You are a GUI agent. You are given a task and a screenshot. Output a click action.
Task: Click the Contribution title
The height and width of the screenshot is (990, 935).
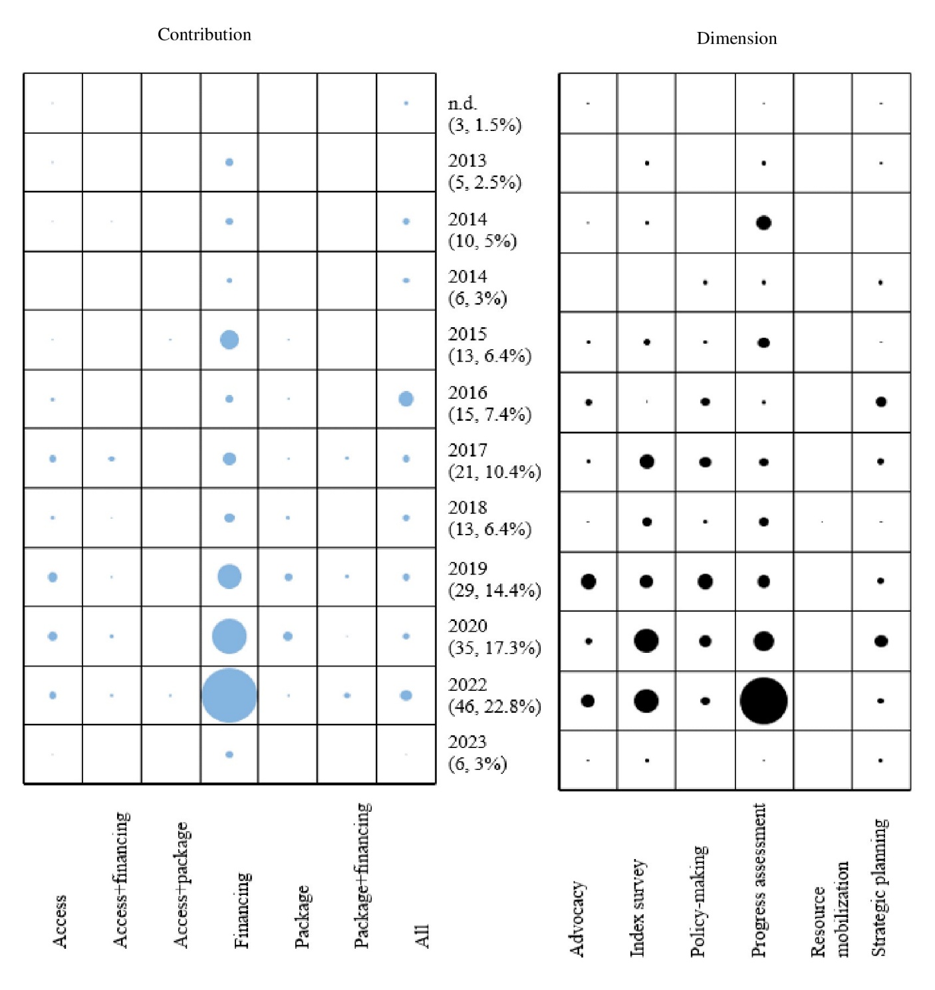click(x=204, y=35)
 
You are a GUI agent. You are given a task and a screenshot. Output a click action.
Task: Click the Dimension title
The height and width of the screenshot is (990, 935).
click(x=737, y=39)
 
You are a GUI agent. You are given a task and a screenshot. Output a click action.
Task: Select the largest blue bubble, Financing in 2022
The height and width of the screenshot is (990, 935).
click(x=229, y=695)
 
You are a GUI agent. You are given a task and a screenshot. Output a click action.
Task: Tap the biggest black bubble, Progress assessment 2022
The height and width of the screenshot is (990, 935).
click(x=763, y=700)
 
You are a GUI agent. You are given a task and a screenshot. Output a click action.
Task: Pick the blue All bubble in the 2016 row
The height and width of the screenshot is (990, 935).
click(x=406, y=399)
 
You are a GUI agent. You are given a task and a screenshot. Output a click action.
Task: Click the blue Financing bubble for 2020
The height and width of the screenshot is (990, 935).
click(x=229, y=636)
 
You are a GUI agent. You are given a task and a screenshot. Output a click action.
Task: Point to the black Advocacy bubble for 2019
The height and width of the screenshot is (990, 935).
click(x=589, y=581)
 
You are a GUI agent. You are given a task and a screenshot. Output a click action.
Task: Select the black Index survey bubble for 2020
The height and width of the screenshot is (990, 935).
click(x=646, y=640)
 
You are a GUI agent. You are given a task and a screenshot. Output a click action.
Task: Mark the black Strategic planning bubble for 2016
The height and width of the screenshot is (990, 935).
click(x=880, y=402)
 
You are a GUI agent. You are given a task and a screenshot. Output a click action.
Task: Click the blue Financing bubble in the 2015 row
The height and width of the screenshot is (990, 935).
click(x=229, y=340)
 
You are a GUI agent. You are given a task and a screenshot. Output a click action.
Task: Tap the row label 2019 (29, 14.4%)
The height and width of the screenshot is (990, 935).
click(x=494, y=579)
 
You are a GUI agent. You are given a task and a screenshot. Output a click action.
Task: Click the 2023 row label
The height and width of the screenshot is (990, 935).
click(x=477, y=753)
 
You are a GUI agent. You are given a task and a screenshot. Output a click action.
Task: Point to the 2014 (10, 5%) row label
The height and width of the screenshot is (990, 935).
click(x=482, y=230)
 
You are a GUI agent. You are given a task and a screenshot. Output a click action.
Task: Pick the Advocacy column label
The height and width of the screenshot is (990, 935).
click(x=577, y=920)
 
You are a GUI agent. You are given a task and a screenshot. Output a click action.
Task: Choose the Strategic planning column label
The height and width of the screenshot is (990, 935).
click(x=879, y=888)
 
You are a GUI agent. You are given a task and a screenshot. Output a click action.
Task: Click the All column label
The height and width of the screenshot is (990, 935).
click(x=422, y=936)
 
